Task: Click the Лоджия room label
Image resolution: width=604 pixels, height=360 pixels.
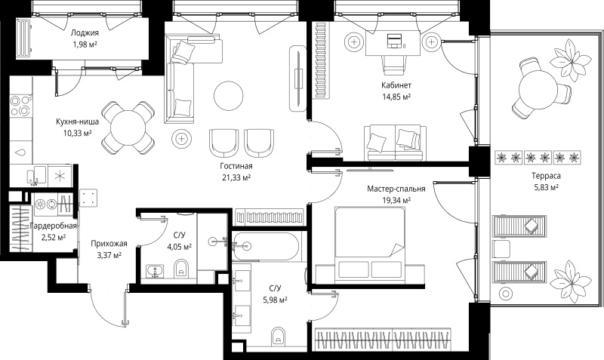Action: click(85, 32)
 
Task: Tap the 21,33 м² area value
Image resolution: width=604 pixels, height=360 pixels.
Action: click(236, 177)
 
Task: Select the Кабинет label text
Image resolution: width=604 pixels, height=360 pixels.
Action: click(396, 85)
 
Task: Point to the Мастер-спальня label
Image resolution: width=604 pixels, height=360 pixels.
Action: click(396, 189)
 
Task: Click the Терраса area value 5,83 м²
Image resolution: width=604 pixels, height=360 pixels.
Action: click(546, 187)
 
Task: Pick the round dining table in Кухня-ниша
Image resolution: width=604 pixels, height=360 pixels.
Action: click(127, 128)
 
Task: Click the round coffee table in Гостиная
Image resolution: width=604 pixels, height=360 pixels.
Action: click(229, 96)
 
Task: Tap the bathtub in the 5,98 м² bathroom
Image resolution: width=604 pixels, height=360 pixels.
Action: click(266, 246)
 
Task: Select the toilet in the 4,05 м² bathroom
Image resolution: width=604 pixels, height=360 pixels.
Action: click(181, 269)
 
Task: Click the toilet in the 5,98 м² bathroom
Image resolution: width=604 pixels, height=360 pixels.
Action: click(278, 336)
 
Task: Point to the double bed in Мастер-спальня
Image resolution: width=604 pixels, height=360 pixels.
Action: click(369, 242)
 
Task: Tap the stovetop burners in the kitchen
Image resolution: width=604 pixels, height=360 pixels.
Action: click(20, 106)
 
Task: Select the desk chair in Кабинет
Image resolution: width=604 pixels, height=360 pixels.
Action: click(394, 65)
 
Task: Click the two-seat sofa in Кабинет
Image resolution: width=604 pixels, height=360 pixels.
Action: click(395, 143)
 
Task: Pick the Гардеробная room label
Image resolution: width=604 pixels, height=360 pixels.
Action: click(53, 226)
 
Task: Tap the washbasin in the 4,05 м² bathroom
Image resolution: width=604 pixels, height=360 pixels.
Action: click(156, 271)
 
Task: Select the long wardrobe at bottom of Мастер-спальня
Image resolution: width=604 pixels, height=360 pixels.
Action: click(383, 340)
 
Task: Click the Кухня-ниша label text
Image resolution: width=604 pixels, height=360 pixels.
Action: click(78, 122)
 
